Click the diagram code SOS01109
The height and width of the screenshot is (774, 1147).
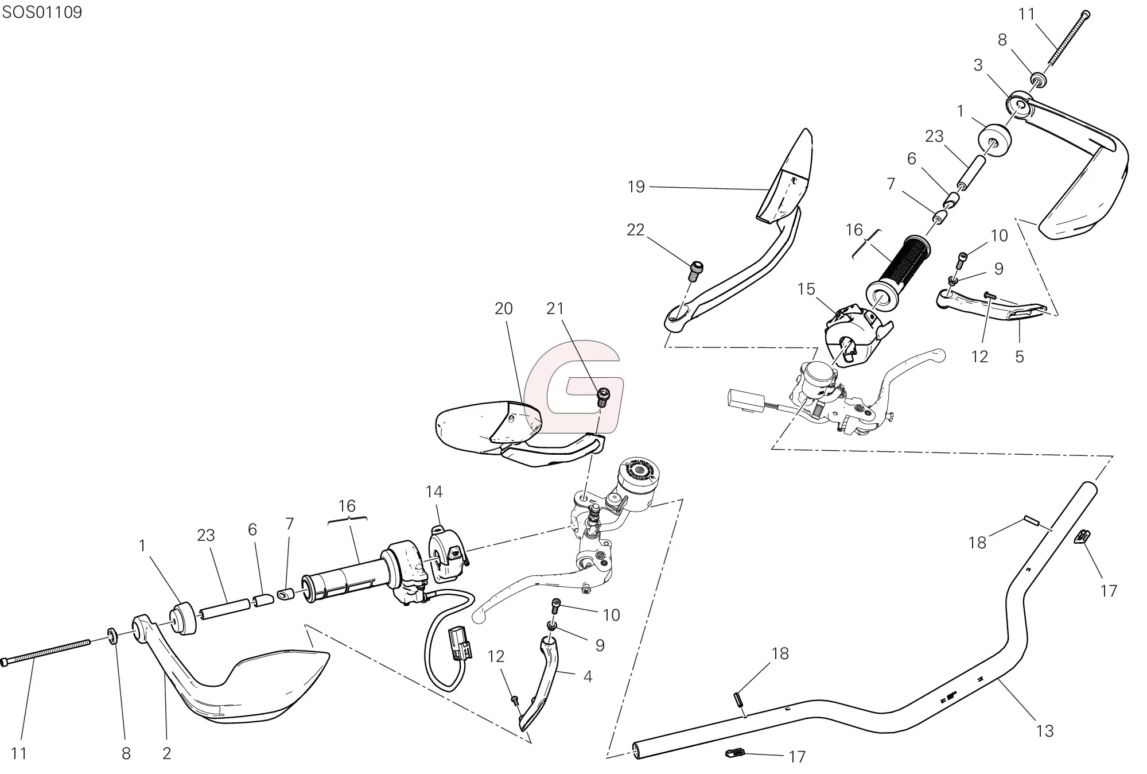(42, 12)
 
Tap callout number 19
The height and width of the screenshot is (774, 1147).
(636, 187)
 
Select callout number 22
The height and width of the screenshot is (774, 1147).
(635, 230)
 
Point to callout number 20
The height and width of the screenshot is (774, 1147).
(503, 308)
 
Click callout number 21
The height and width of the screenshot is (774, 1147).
(555, 308)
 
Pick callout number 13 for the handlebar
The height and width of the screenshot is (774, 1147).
(1045, 731)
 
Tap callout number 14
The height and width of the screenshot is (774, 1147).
(434, 492)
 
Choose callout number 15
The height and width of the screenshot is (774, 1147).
(806, 289)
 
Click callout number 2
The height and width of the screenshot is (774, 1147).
(166, 753)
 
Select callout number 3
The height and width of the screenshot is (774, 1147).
(978, 65)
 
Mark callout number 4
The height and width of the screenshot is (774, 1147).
(587, 676)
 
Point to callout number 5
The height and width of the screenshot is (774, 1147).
(1019, 357)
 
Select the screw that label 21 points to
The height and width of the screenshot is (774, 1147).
(603, 397)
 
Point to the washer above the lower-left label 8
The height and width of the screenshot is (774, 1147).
(113, 637)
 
